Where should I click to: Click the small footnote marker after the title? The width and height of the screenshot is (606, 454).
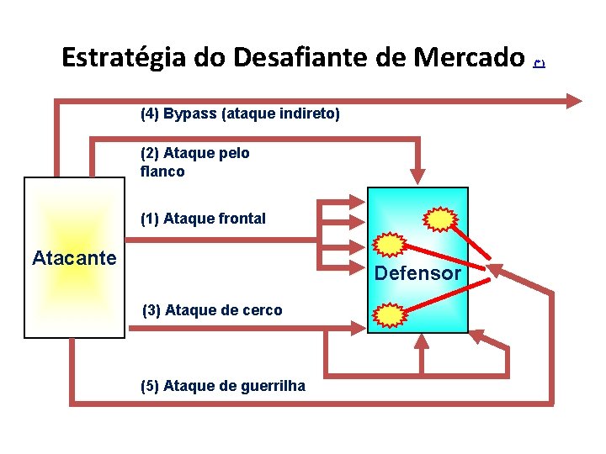[x=540, y=63]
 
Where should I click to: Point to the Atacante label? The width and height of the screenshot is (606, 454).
[x=74, y=258]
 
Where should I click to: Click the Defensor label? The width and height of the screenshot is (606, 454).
[x=417, y=273]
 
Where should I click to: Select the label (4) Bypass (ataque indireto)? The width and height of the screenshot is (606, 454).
[x=240, y=113]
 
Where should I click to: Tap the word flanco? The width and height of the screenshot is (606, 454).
[x=162, y=172]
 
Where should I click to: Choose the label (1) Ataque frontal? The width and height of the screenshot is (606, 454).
[x=203, y=219]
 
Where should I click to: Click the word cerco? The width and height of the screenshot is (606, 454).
[x=261, y=310]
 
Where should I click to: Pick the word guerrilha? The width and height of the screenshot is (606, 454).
[x=274, y=386]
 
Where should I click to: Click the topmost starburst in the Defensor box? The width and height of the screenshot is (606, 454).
[x=439, y=219]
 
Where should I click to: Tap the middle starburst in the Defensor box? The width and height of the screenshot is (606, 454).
[x=390, y=245]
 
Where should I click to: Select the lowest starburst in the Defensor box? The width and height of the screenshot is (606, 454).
[x=390, y=314]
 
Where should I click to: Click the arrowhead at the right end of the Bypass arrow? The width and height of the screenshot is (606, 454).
[x=575, y=101]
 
